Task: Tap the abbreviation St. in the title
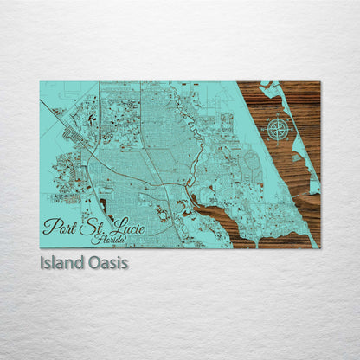click(x=92, y=228)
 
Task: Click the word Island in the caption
click(x=62, y=260)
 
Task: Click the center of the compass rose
click(x=277, y=129)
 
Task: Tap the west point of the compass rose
click(x=266, y=129)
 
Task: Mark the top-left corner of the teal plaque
click(x=41, y=82)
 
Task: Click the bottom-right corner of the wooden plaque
click(x=318, y=247)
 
